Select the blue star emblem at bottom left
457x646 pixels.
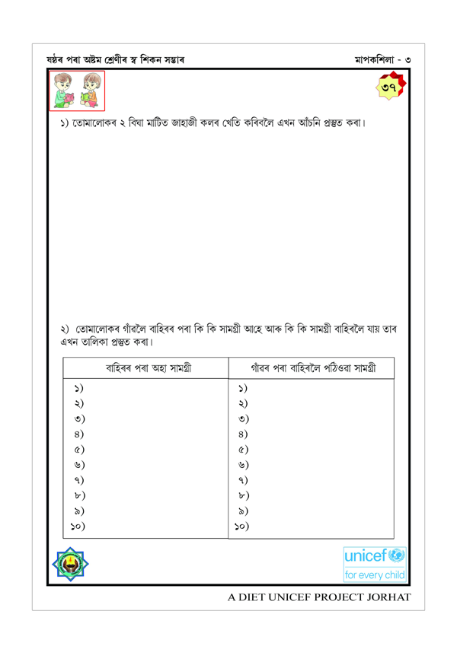pyautogui.click(x=72, y=568)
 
